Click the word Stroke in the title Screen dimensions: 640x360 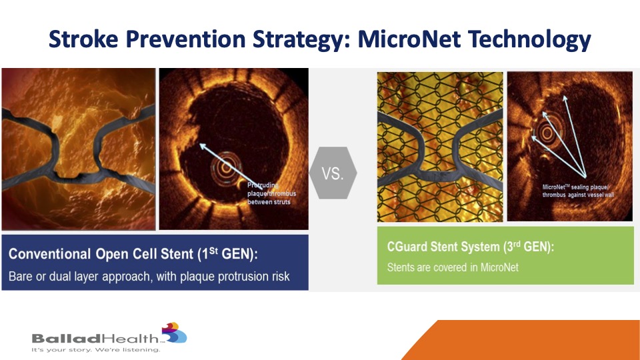pyautogui.click(x=84, y=39)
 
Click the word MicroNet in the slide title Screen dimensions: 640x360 pyautogui.click(x=409, y=39)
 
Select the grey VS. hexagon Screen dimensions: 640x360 pyautogui.click(x=333, y=173)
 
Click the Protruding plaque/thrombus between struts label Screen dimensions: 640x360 pyautogui.click(x=271, y=193)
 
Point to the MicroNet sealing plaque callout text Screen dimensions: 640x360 pyautogui.click(x=578, y=191)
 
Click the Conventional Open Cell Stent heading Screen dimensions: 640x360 pyautogui.click(x=133, y=254)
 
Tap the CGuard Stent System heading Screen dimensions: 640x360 pyautogui.click(x=470, y=247)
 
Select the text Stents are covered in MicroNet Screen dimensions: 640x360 pyautogui.click(x=453, y=267)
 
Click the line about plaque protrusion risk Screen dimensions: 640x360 pyautogui.click(x=149, y=276)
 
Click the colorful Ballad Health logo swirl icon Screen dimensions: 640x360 pyautogui.click(x=175, y=333)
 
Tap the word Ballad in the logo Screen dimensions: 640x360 pyautogui.click(x=66, y=339)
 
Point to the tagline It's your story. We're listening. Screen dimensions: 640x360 pyautogui.click(x=96, y=350)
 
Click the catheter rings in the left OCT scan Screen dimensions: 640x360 pyautogui.click(x=226, y=168)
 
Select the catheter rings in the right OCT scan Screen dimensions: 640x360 pyautogui.click(x=546, y=132)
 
